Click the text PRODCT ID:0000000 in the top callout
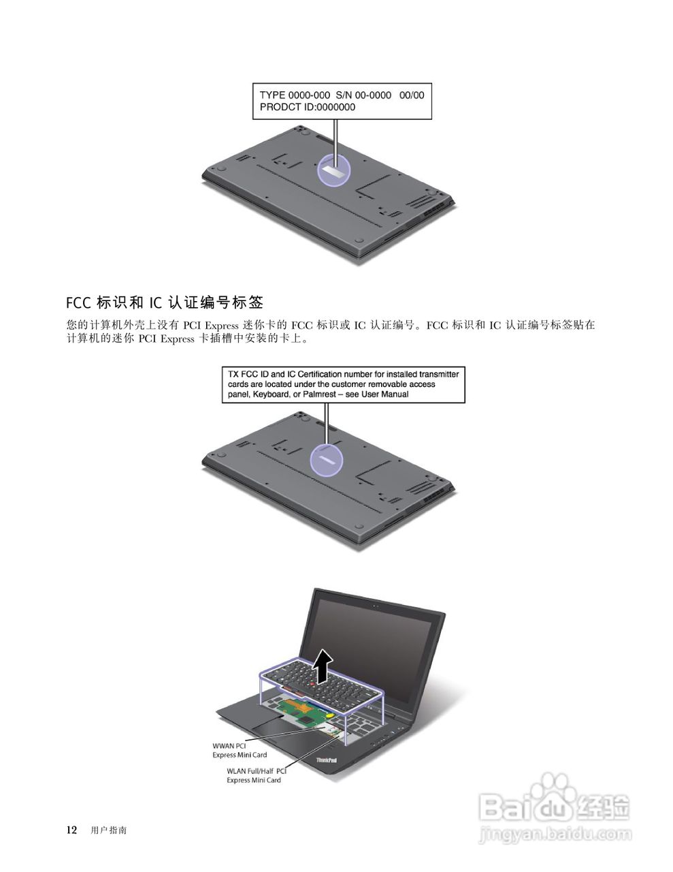(x=307, y=107)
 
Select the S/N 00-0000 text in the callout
(x=363, y=95)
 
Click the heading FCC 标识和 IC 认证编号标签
(x=165, y=302)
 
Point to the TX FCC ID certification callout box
(x=343, y=384)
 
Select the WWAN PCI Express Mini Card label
(x=239, y=751)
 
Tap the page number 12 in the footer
(x=71, y=830)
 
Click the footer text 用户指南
(x=109, y=830)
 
